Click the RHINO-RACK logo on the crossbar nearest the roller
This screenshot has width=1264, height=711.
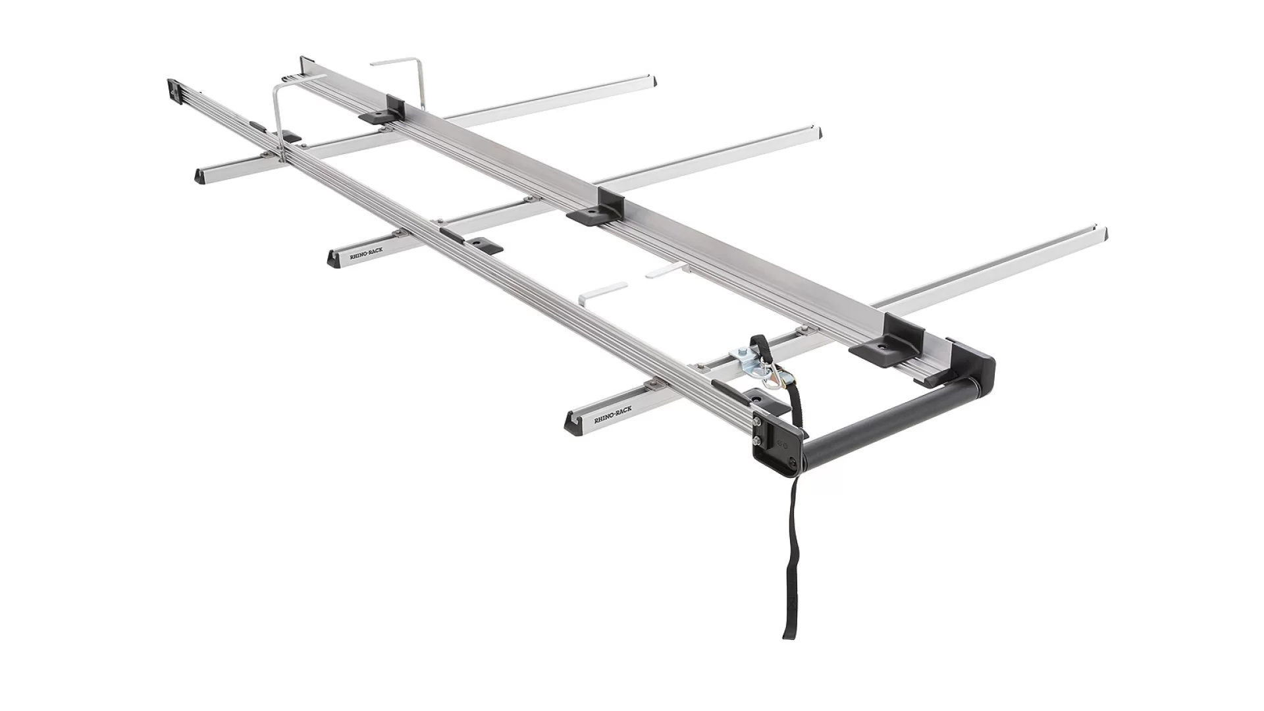click(x=612, y=413)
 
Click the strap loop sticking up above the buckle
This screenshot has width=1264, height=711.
click(x=757, y=343)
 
